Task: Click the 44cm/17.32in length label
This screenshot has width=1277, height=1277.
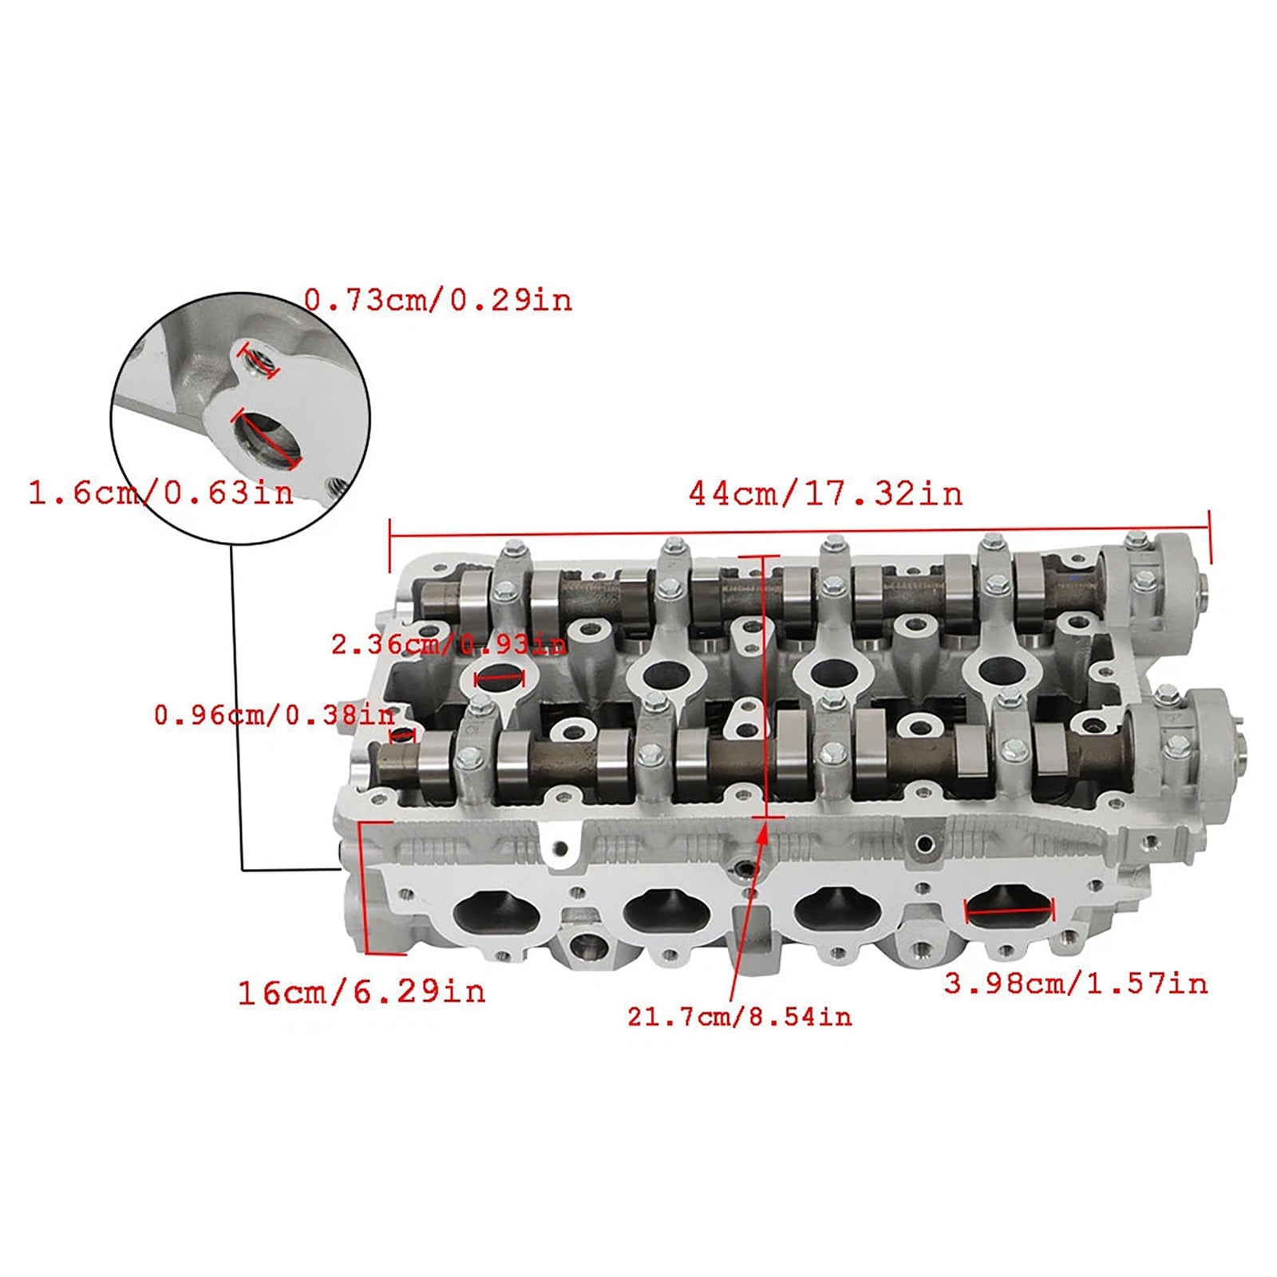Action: [825, 494]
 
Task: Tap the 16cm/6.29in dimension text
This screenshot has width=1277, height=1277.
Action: [362, 992]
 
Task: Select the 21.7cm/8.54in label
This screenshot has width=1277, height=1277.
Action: [739, 1017]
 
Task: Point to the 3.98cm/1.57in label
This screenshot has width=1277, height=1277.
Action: [1076, 983]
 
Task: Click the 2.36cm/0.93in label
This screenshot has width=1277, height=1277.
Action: [449, 644]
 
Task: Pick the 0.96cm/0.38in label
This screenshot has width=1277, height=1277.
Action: [274, 715]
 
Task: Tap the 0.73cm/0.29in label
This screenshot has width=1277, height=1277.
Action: [438, 301]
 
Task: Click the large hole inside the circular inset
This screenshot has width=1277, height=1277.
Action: [266, 438]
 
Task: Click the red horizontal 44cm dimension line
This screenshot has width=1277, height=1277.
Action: [798, 530]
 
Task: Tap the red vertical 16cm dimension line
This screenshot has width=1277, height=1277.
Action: [363, 886]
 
